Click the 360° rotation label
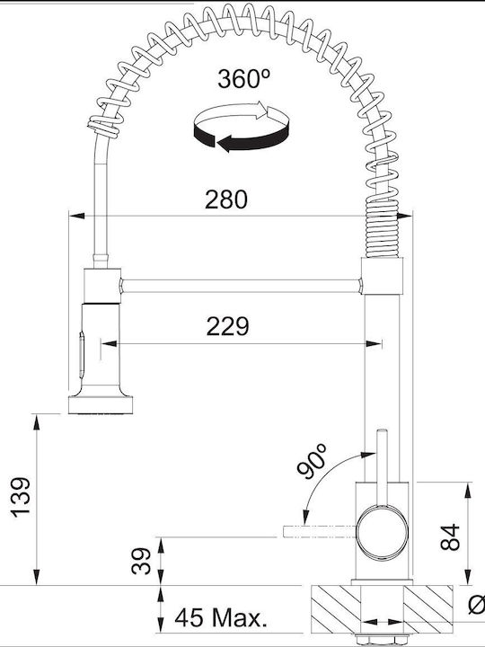point(243,79)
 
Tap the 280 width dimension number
point(226,199)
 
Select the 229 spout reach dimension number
point(227,326)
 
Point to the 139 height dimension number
point(21,497)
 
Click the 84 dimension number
point(450,536)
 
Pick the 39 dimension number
point(142,561)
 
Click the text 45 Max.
point(221,617)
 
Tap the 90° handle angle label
point(312,461)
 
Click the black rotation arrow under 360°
point(242,138)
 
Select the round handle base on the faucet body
point(382,532)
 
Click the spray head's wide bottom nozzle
point(101,404)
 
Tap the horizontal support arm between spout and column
point(242,286)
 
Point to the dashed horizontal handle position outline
point(319,531)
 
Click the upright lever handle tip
point(383,431)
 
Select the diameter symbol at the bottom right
point(478,605)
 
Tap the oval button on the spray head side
point(82,355)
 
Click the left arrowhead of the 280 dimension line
point(76,216)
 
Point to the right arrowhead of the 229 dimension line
point(374,343)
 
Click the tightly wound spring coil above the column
point(383,230)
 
